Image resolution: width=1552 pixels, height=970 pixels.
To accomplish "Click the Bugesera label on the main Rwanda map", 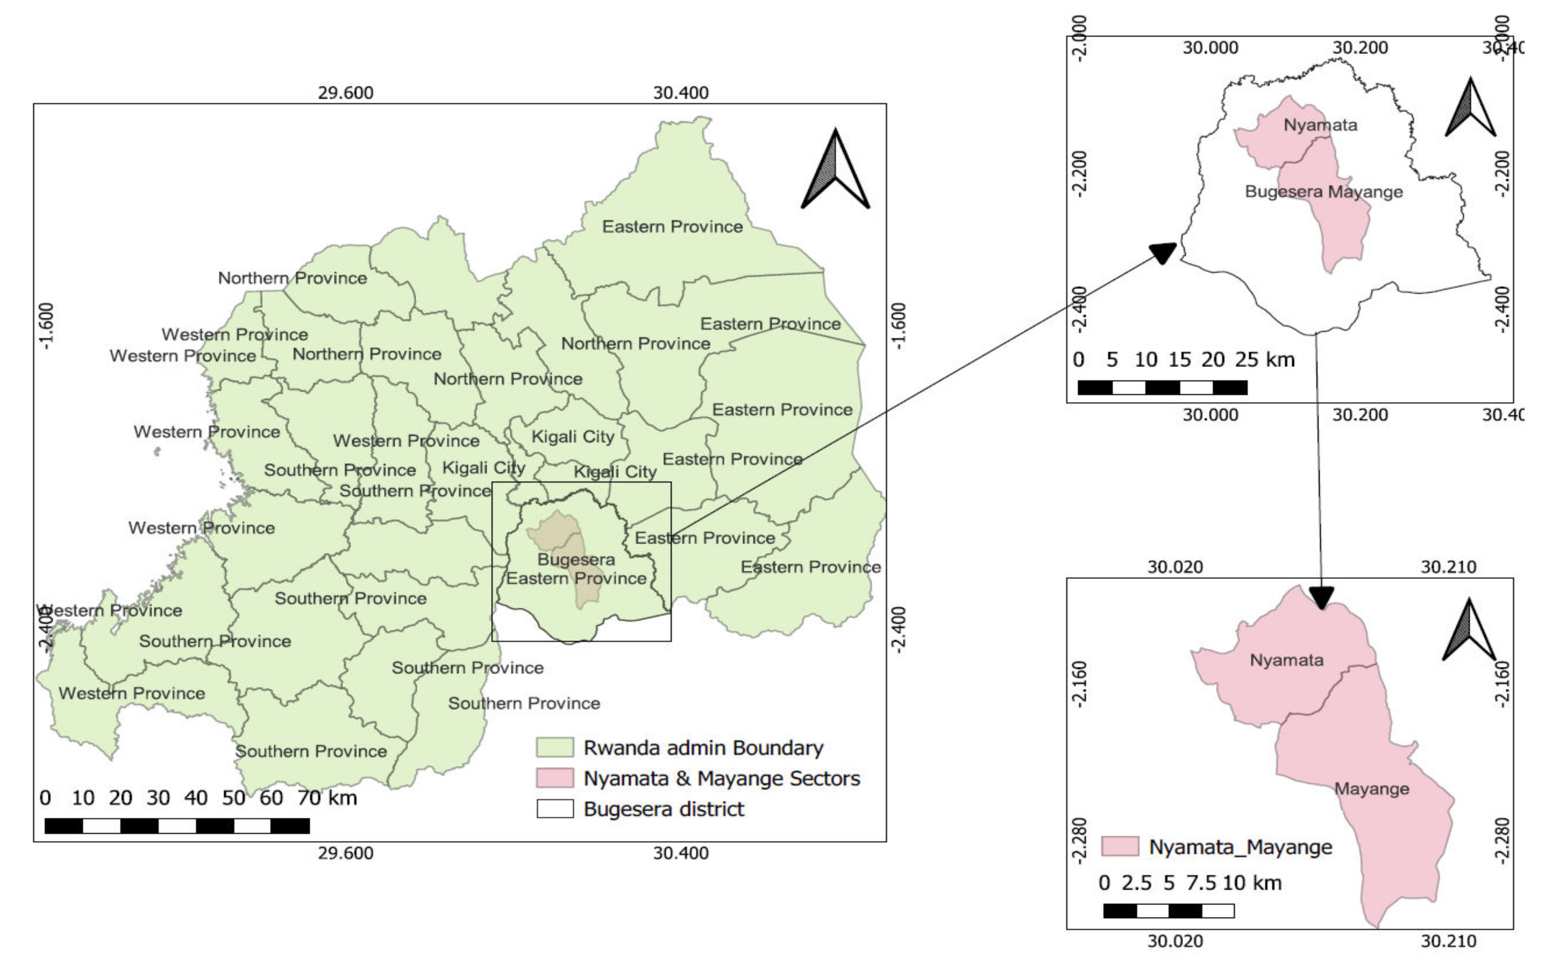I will (575, 559).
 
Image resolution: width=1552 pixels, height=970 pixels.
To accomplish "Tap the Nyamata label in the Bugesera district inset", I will (1320, 125).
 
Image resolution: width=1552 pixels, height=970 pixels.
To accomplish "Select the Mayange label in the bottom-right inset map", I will (1372, 789).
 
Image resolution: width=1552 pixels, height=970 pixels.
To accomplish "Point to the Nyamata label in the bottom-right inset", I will (1286, 660).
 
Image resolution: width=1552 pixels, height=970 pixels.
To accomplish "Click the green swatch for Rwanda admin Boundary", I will (554, 748).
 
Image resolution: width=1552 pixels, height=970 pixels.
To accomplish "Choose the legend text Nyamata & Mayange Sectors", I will (721, 778).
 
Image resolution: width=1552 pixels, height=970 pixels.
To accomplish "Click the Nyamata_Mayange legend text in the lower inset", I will (1240, 847).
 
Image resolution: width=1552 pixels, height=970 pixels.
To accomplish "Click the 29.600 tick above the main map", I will (345, 93).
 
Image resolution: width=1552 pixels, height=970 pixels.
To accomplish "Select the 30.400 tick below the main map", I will (681, 853).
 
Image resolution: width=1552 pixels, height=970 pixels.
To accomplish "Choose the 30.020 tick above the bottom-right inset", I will (1175, 567).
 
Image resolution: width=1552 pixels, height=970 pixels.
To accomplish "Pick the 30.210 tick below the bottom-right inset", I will (1448, 941).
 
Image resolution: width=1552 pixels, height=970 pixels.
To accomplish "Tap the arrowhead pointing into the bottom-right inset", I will (1321, 598).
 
